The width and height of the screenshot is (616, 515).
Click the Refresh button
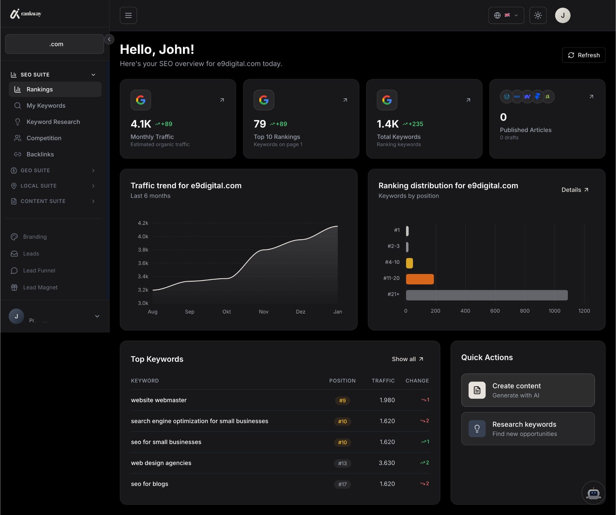point(584,55)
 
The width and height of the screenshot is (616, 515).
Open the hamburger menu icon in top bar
point(128,15)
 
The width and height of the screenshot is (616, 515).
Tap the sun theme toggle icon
point(538,15)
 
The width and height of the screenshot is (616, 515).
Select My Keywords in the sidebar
point(46,106)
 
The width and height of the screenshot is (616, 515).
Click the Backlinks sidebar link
point(40,154)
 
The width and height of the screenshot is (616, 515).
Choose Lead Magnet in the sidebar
point(40,287)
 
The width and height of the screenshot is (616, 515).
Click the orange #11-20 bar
point(420,279)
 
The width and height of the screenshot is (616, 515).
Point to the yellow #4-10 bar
point(409,263)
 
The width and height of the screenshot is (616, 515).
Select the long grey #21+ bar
point(487,295)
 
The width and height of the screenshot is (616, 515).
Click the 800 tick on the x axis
point(525,311)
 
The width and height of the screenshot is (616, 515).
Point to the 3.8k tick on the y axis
point(143,250)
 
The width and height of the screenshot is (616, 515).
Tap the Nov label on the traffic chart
point(263,312)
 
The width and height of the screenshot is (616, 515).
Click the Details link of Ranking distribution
point(575,190)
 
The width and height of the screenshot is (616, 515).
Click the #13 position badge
point(342,463)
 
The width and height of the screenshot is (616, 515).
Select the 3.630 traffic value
point(387,463)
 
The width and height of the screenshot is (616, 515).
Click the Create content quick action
point(528,390)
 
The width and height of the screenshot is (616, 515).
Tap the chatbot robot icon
point(593,493)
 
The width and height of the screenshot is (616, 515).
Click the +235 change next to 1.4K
point(415,124)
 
